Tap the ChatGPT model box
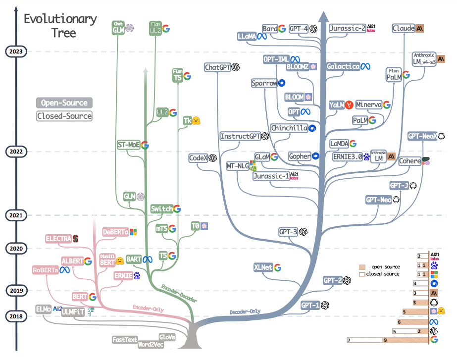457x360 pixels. click(x=218, y=67)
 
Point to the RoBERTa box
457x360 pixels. click(x=45, y=270)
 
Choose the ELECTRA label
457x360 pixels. click(x=58, y=239)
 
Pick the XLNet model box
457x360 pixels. click(x=263, y=267)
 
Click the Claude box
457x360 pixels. click(x=403, y=29)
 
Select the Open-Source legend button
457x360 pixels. click(x=64, y=103)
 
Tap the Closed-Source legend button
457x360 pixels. click(x=64, y=116)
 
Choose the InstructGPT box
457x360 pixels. click(x=240, y=136)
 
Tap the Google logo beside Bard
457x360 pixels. click(x=282, y=29)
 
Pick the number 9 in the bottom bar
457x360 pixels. click(x=385, y=340)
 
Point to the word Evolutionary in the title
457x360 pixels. click(x=60, y=19)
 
